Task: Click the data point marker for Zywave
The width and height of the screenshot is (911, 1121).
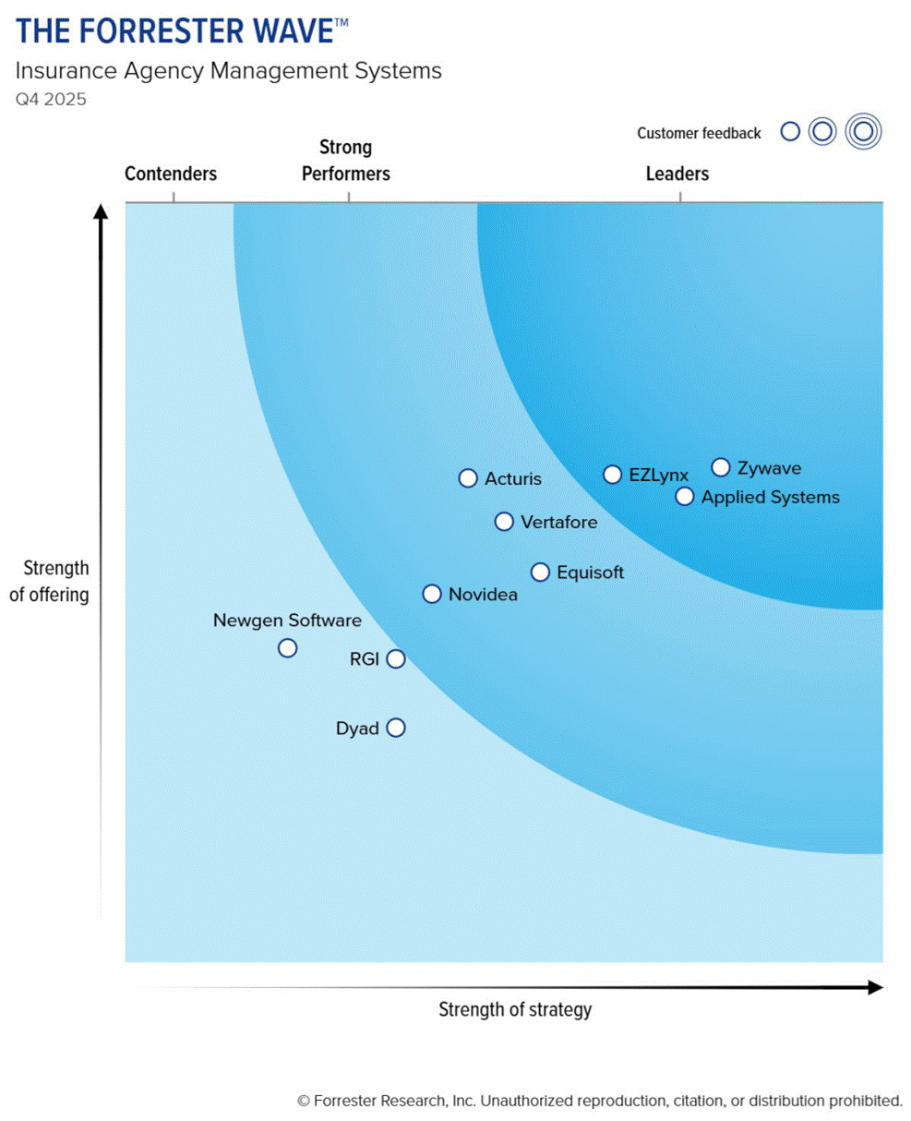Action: pyautogui.click(x=721, y=467)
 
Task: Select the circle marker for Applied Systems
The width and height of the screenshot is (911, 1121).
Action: pyautogui.click(x=684, y=497)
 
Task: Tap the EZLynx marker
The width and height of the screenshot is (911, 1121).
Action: pyautogui.click(x=612, y=475)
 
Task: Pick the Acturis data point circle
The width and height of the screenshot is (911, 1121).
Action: pyautogui.click(x=468, y=478)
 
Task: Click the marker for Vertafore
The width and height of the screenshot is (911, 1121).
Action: pyautogui.click(x=504, y=522)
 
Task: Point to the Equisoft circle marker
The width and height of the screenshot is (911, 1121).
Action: pyautogui.click(x=540, y=573)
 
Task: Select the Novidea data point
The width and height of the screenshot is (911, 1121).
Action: pyautogui.click(x=432, y=594)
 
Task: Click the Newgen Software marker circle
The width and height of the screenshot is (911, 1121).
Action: pyautogui.click(x=288, y=648)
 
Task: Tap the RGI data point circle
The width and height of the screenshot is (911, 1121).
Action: pyautogui.click(x=396, y=658)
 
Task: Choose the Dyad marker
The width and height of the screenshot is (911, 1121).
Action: pyautogui.click(x=396, y=728)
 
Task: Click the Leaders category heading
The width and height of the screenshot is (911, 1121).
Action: pyautogui.click(x=677, y=174)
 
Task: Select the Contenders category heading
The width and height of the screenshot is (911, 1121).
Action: pyautogui.click(x=171, y=174)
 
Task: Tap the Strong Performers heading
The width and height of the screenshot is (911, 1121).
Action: pyautogui.click(x=346, y=161)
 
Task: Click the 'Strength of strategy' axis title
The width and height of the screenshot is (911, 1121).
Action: pyautogui.click(x=515, y=1009)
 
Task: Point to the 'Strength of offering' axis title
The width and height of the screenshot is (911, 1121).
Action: pyautogui.click(x=50, y=581)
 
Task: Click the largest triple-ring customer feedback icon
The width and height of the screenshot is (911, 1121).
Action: pyautogui.click(x=863, y=132)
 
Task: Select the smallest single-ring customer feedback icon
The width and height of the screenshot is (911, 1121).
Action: pyautogui.click(x=790, y=132)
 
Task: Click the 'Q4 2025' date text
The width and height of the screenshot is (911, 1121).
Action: pyautogui.click(x=51, y=100)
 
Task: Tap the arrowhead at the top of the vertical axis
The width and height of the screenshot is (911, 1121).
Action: pyautogui.click(x=102, y=211)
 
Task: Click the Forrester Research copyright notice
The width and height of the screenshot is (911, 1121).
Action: pyautogui.click(x=600, y=1101)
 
